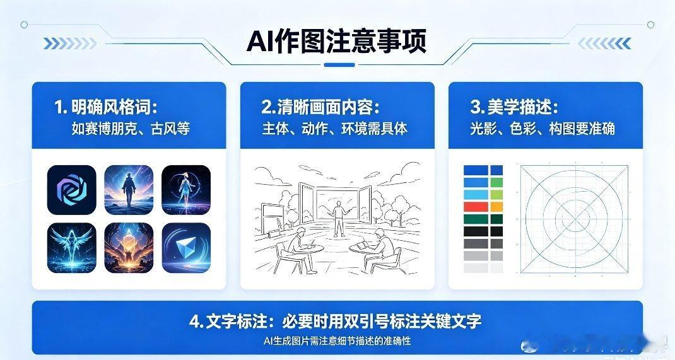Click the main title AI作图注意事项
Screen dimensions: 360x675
click(337, 42)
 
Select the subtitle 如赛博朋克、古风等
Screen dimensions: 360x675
click(131, 129)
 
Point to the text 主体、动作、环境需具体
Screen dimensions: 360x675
click(335, 129)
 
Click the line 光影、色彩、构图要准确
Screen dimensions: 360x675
click(542, 129)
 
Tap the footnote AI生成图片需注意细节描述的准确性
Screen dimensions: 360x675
click(337, 341)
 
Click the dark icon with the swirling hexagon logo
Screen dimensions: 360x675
click(71, 190)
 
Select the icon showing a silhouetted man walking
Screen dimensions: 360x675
click(129, 190)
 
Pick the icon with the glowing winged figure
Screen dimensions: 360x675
click(71, 247)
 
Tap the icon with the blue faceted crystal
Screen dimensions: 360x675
click(186, 247)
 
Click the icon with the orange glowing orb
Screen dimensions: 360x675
click(129, 247)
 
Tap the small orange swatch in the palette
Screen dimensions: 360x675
click(496, 206)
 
